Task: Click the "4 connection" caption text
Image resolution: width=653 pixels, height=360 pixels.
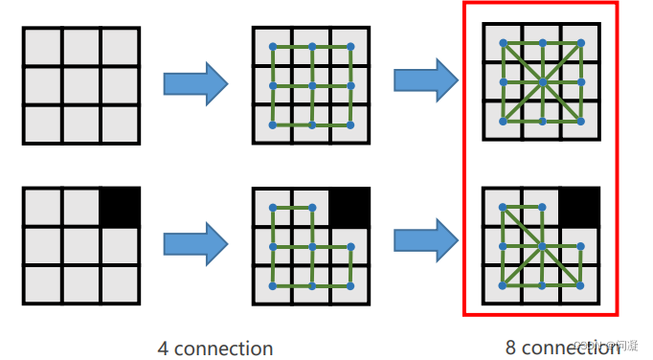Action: click(x=215, y=349)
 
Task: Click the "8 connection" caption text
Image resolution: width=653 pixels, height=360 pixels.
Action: click(x=562, y=349)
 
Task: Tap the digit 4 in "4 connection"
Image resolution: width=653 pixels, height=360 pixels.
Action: click(x=163, y=349)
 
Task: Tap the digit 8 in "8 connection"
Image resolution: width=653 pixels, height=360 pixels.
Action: click(x=511, y=349)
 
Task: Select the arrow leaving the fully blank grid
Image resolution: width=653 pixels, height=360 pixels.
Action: click(x=195, y=84)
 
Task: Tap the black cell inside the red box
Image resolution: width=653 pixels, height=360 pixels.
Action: click(x=580, y=205)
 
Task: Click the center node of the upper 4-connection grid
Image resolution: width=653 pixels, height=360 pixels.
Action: click(x=312, y=85)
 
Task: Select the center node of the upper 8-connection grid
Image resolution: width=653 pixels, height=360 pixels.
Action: click(x=543, y=82)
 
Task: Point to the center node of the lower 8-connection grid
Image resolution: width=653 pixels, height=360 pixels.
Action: click(x=543, y=246)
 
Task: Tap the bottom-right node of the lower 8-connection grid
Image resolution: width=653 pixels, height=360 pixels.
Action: click(x=581, y=285)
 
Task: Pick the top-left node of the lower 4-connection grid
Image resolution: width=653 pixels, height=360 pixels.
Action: click(x=274, y=208)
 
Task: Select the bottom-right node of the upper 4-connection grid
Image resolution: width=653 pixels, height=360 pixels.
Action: click(x=350, y=124)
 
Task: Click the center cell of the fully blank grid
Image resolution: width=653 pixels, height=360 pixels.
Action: click(x=81, y=85)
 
